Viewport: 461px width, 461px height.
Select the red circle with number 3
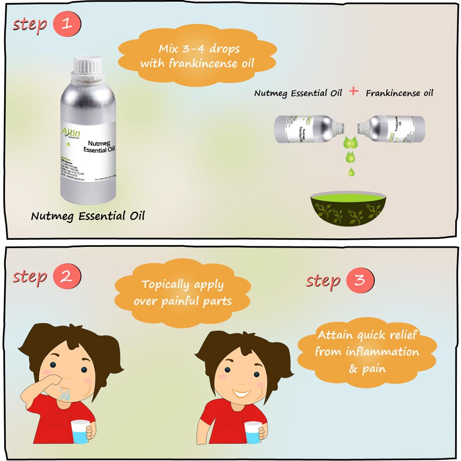click(360, 280)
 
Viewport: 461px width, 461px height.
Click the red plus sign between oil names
click(354, 91)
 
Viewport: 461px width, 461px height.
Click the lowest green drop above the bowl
click(351, 172)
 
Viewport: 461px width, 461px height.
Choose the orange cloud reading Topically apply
click(183, 293)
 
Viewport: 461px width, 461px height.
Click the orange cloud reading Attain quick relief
click(367, 352)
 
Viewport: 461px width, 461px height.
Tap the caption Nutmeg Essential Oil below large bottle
click(88, 216)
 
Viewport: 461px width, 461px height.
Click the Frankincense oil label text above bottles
click(399, 93)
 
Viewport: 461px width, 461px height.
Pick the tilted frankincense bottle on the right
click(391, 128)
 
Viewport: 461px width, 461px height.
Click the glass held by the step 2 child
click(80, 431)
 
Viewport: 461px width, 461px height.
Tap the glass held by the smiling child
click(253, 431)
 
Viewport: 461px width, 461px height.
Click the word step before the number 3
click(323, 281)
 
